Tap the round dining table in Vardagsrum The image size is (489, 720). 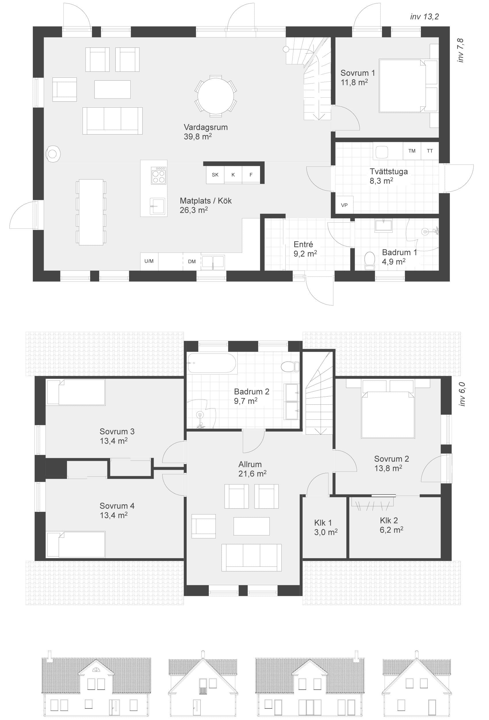216,96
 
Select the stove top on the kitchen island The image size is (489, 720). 158,176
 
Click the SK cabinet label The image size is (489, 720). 215,175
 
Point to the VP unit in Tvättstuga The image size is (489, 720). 344,205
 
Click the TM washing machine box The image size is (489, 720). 412,151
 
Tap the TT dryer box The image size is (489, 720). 429,151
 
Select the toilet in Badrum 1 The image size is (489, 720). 369,260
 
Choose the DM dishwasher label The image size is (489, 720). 192,262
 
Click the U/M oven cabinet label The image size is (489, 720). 149,261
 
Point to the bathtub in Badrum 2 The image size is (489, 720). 212,363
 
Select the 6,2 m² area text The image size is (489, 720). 391,530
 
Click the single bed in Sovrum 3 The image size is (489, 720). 76,392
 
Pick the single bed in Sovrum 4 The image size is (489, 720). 76,545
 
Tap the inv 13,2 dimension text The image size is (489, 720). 424,17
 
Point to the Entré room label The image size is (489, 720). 303,245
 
